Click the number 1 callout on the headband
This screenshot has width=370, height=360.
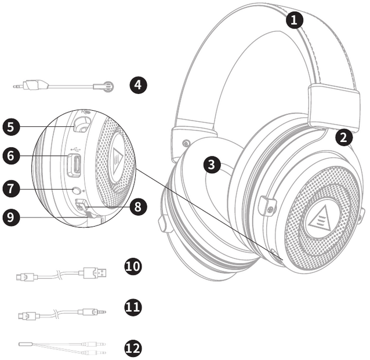[x=295, y=20]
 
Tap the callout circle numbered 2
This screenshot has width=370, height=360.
[x=344, y=137]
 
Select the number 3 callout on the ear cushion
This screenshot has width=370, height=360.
[x=212, y=165]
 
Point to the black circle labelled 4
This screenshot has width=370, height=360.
[x=137, y=86]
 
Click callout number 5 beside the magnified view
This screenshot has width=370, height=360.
[x=11, y=126]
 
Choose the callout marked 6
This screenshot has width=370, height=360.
[x=11, y=156]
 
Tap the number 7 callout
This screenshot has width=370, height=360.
[x=11, y=188]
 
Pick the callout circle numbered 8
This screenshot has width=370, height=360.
[x=136, y=207]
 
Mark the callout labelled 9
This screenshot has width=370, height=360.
[x=11, y=218]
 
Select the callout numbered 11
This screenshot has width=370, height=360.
[x=133, y=306]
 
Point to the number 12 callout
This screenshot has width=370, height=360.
[x=133, y=348]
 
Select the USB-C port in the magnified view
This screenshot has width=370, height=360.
[x=75, y=165]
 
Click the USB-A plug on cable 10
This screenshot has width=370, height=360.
[x=96, y=272]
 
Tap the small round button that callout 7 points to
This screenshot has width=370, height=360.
[x=75, y=189]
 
